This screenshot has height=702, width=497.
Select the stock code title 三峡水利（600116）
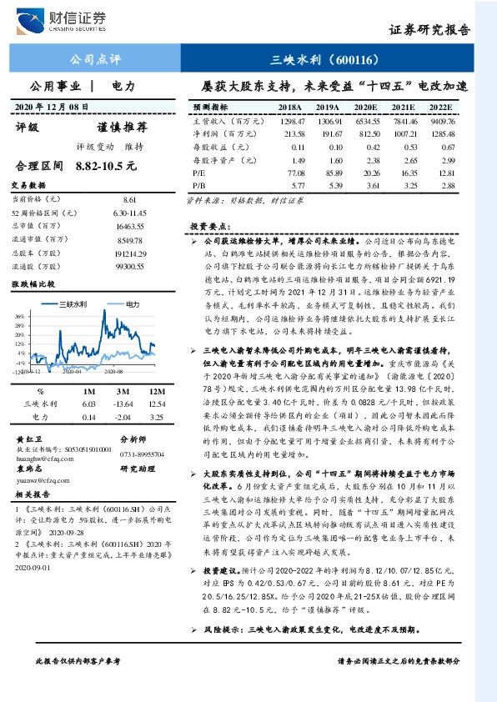(x=328, y=60)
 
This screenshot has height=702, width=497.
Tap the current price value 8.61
(x=128, y=200)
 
